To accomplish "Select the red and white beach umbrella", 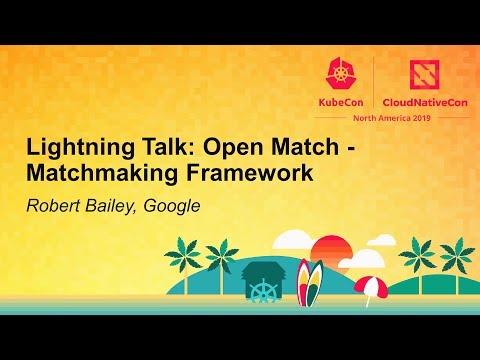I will click(369, 287).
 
